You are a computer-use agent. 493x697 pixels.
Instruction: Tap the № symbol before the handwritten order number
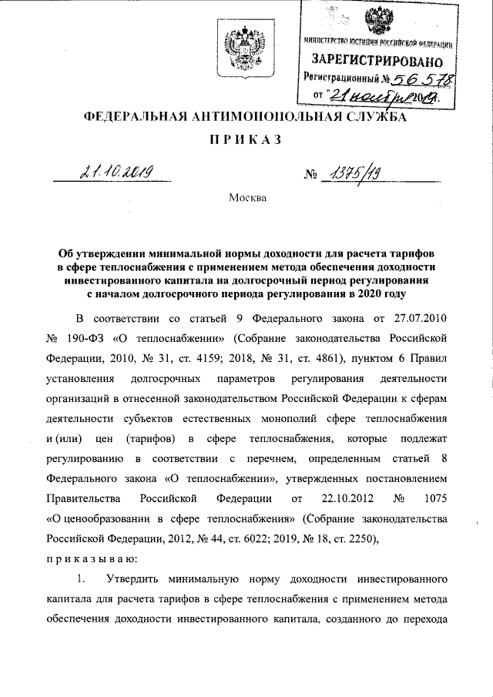click(x=311, y=176)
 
